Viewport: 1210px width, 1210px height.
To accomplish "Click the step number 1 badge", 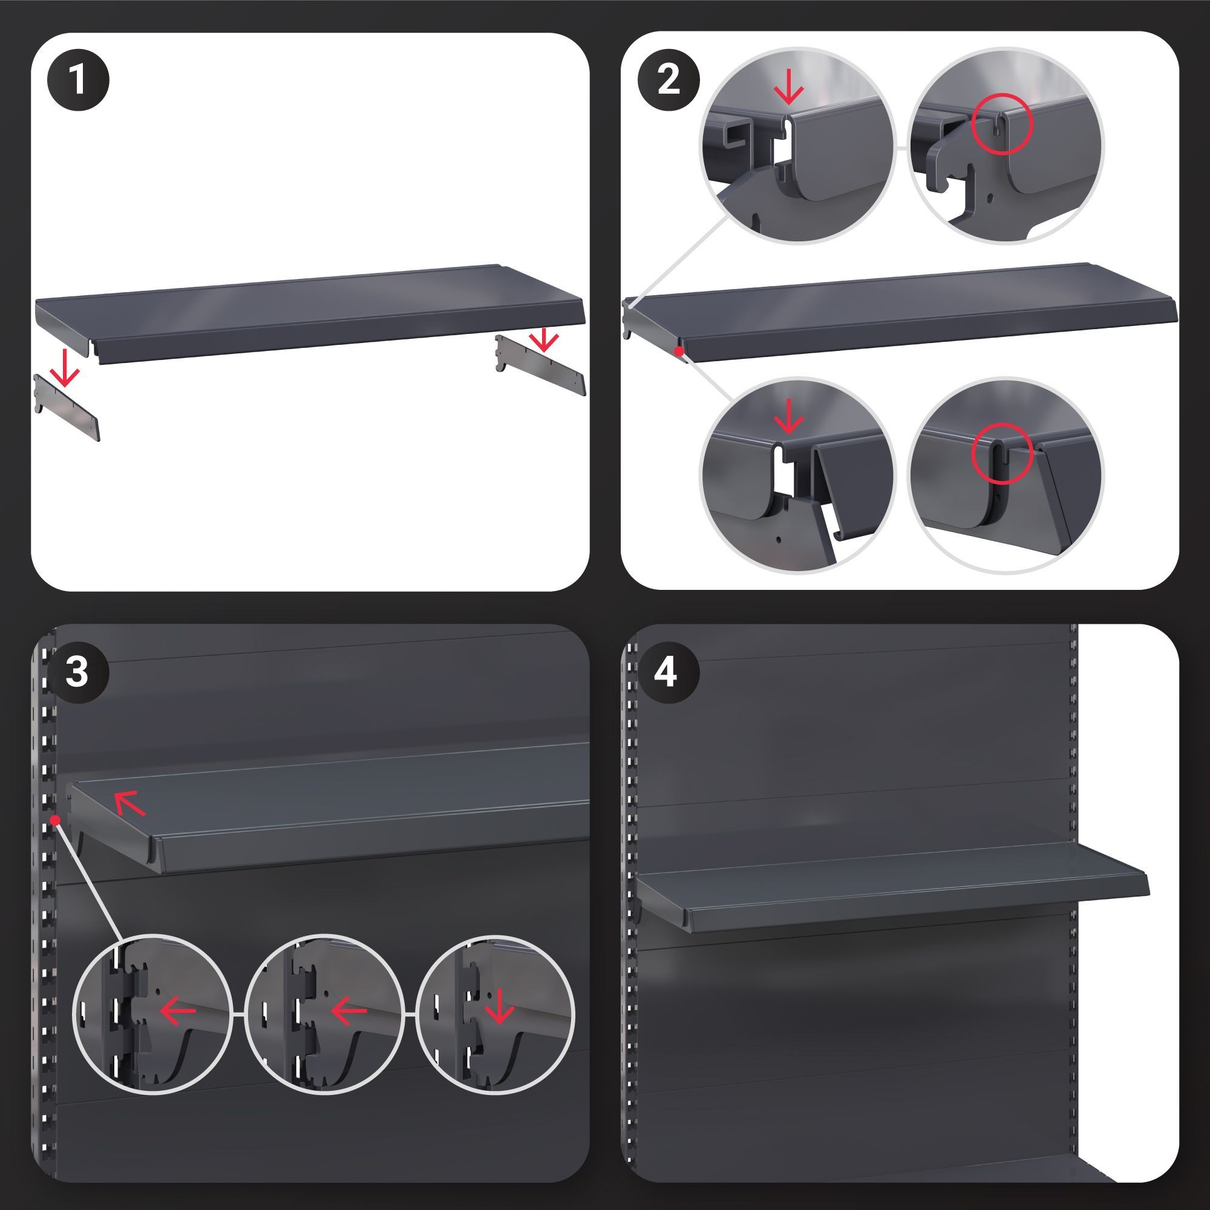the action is [x=77, y=80].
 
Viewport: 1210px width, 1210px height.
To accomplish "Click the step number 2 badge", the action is [x=669, y=80].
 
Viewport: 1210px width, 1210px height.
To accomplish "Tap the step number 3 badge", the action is [x=77, y=673].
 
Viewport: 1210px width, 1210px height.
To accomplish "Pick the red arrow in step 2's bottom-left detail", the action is [x=788, y=416].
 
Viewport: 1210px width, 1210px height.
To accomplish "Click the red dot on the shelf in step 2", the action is [x=678, y=352].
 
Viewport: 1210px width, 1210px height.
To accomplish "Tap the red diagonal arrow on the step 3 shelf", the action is [x=130, y=803].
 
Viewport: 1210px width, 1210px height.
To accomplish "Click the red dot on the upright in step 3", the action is [x=56, y=820].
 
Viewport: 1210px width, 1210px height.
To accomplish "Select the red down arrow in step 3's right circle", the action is [x=499, y=1009].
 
